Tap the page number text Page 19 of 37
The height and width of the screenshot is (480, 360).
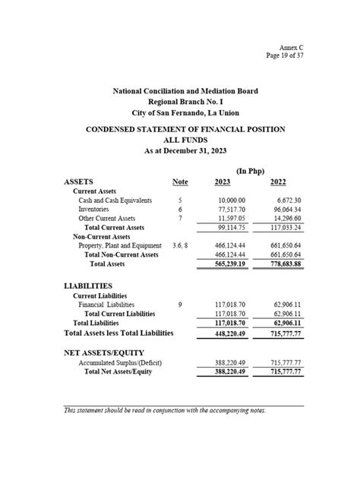tap(283, 55)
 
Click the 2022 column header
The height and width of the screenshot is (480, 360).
tap(279, 182)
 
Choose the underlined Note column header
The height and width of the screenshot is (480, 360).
tap(180, 182)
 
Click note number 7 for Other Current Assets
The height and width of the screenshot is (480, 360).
tap(180, 219)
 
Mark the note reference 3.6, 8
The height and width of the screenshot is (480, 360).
tap(180, 246)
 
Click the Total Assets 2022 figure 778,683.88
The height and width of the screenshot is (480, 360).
tap(282, 264)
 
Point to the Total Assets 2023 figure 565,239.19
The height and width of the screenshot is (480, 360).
tap(229, 264)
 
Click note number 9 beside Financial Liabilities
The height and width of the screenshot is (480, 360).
tap(180, 304)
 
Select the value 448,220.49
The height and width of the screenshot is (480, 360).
tap(229, 333)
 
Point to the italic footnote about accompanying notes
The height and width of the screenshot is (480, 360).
tap(165, 410)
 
